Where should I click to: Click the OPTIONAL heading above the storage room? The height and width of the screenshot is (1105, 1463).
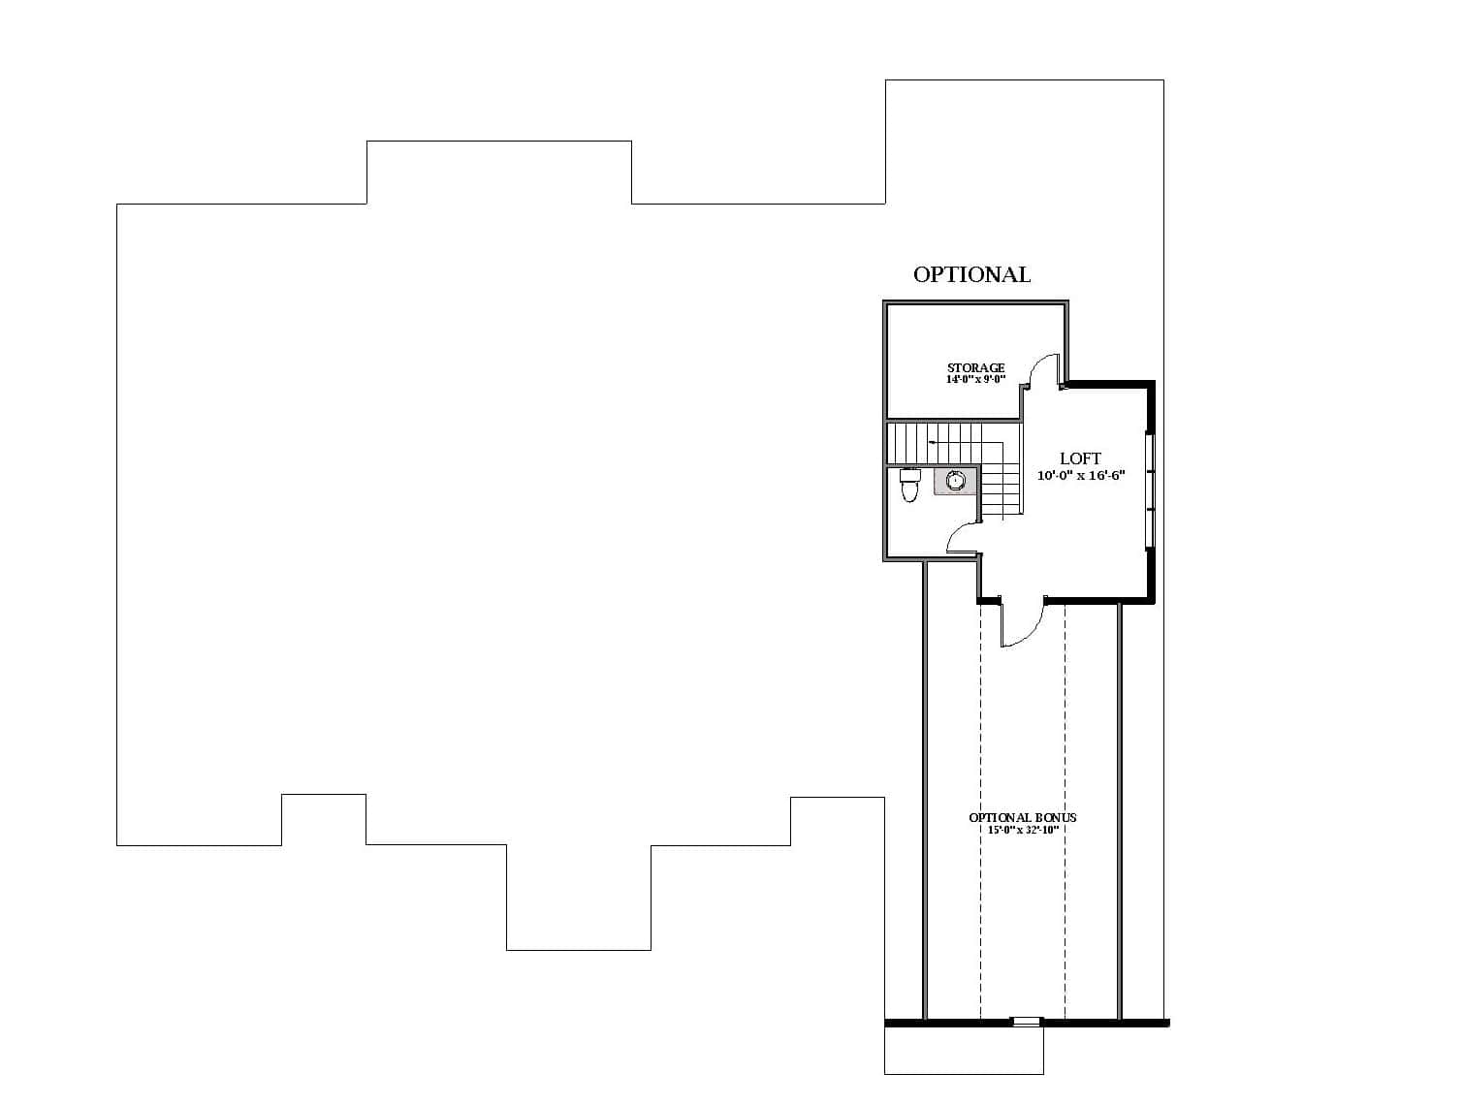point(971,274)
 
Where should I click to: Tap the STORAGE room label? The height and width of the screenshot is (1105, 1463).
point(975,367)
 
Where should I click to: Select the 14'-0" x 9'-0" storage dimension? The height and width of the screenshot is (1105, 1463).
point(975,380)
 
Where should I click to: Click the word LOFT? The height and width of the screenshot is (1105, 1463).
point(1080,458)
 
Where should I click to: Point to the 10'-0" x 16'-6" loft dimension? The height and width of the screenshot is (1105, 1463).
point(1080,476)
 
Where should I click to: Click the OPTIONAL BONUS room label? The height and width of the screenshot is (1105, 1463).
point(1022,817)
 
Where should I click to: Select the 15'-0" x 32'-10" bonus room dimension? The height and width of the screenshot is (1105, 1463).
point(1022,830)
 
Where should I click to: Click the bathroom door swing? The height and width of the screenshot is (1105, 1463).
point(961,538)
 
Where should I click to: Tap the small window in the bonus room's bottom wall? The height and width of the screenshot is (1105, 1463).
point(1026,1021)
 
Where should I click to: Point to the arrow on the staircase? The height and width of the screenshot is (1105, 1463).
point(933,442)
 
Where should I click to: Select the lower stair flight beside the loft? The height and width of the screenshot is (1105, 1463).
point(1002,490)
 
